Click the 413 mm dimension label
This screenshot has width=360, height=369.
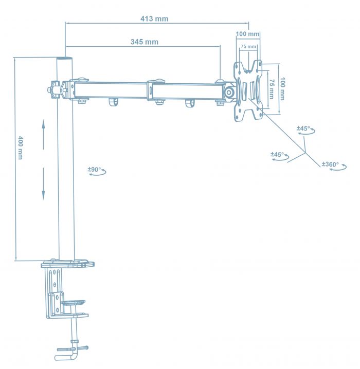click(x=154, y=19)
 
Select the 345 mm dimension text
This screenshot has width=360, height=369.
click(x=145, y=42)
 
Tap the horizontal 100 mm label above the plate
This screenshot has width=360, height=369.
click(x=247, y=34)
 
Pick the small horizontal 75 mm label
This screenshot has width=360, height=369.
click(x=248, y=47)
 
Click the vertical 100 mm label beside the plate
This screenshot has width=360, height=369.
click(x=282, y=89)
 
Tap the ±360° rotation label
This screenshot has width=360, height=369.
click(x=330, y=164)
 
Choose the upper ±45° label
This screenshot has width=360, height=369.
click(x=303, y=128)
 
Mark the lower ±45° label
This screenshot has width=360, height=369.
click(x=278, y=154)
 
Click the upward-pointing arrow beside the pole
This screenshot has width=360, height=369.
click(x=43, y=131)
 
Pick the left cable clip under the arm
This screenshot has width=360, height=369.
click(x=113, y=103)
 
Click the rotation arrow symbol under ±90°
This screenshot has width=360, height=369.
click(x=97, y=174)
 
